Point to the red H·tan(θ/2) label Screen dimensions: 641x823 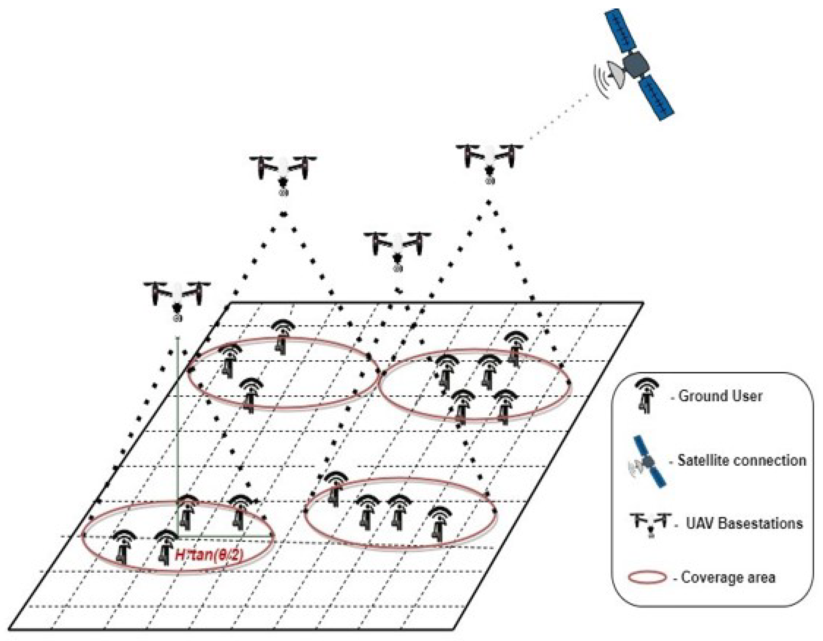point(209,555)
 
